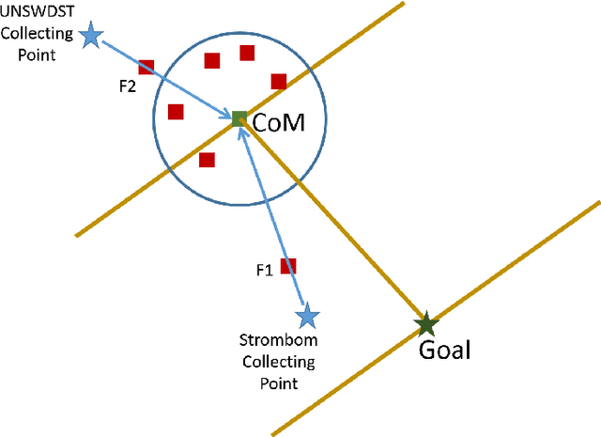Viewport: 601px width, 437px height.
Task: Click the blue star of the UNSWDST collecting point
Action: (x=91, y=36)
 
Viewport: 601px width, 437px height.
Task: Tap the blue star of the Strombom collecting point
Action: (x=305, y=315)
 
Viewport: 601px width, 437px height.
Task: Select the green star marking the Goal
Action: (x=426, y=325)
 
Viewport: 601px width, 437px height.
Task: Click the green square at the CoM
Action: (x=239, y=118)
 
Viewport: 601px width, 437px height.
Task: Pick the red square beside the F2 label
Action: (x=146, y=67)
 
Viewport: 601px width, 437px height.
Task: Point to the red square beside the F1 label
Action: (x=289, y=266)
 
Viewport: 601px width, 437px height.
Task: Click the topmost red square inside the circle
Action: (x=247, y=53)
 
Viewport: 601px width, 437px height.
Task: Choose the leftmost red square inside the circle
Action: (x=175, y=112)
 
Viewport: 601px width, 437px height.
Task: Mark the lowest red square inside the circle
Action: (x=208, y=159)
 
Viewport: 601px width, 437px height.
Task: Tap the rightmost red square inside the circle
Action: (x=279, y=81)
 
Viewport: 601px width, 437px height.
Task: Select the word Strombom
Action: (x=278, y=341)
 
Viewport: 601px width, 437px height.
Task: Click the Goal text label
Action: (x=444, y=351)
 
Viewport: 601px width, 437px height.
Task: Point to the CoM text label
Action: (x=280, y=122)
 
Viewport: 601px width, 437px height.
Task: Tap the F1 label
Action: (x=265, y=271)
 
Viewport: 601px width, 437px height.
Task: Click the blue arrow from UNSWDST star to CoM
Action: (x=164, y=78)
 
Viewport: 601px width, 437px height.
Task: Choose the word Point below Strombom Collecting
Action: (x=278, y=382)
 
